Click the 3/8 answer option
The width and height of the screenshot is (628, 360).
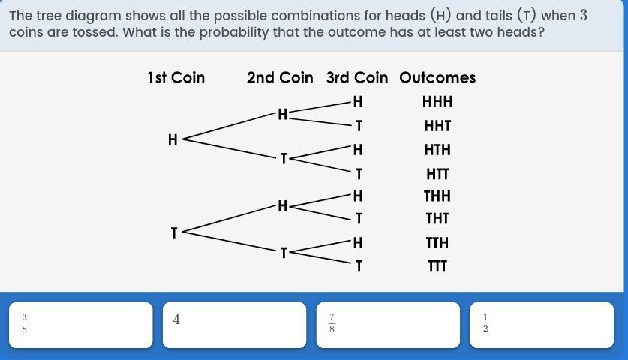click(x=80, y=325)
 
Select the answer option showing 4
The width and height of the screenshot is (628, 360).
click(x=234, y=325)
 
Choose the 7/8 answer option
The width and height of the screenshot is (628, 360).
click(x=388, y=325)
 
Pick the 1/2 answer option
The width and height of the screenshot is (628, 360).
click(x=541, y=325)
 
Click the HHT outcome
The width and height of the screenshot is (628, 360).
click(x=437, y=126)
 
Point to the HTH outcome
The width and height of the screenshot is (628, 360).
click(x=437, y=150)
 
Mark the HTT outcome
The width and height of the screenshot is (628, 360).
click(x=437, y=174)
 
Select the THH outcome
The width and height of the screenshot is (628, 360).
click(x=437, y=196)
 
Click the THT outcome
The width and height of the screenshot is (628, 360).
click(x=437, y=219)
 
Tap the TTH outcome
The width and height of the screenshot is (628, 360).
click(x=437, y=243)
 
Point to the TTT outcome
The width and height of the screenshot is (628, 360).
click(x=437, y=265)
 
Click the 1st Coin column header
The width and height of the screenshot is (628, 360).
click(x=176, y=77)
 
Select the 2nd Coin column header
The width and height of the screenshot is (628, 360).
click(x=280, y=77)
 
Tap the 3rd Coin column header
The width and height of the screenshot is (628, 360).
click(x=357, y=77)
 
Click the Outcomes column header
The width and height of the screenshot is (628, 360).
click(x=437, y=77)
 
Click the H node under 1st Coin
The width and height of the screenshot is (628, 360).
click(x=173, y=139)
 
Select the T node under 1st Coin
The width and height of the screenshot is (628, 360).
click(x=174, y=233)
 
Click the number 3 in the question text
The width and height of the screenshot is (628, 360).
click(x=584, y=16)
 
